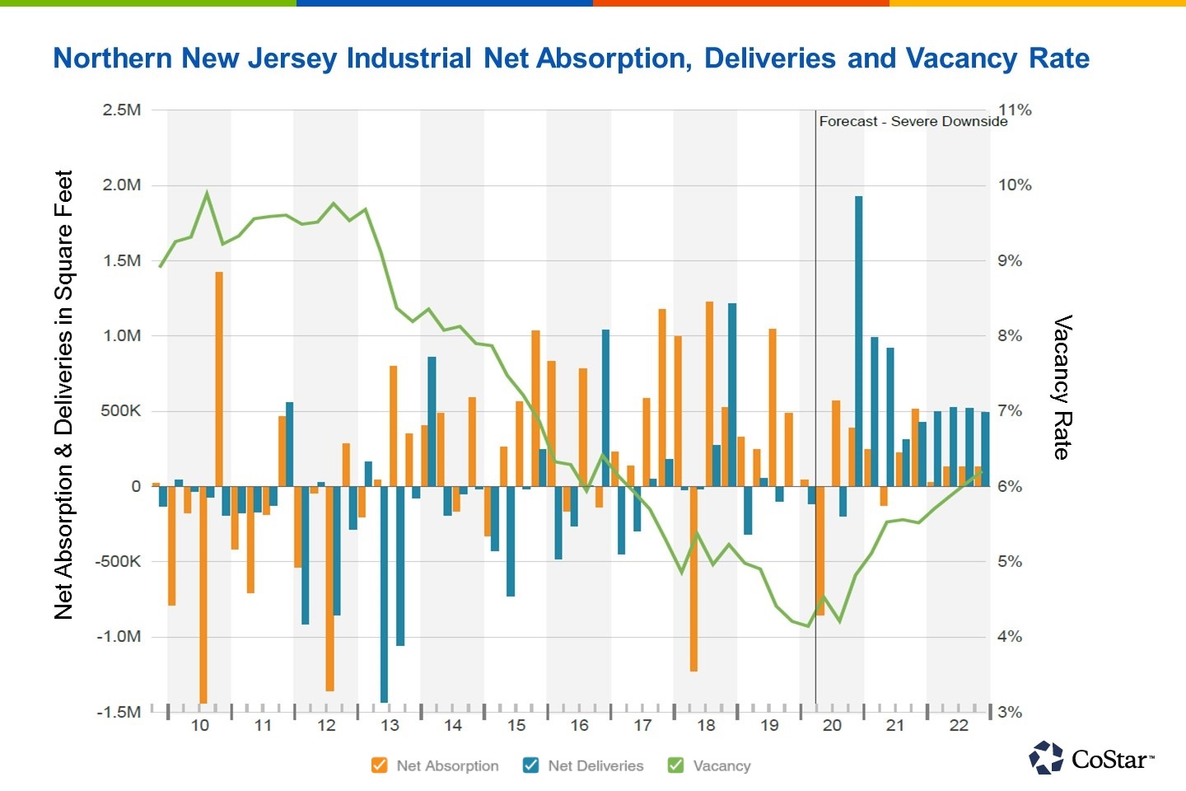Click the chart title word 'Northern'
pyautogui.click(x=113, y=59)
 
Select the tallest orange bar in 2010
pyautogui.click(x=219, y=378)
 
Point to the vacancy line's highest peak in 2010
pyautogui.click(x=207, y=193)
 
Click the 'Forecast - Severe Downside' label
pyautogui.click(x=913, y=122)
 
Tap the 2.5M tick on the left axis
pyautogui.click(x=121, y=110)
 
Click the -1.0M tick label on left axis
pyautogui.click(x=119, y=637)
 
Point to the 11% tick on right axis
pyautogui.click(x=1015, y=110)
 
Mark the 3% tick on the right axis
pyautogui.click(x=1010, y=712)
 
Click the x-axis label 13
pyautogui.click(x=390, y=726)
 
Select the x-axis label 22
pyautogui.click(x=959, y=726)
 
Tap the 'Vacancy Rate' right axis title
pyautogui.click(x=1062, y=387)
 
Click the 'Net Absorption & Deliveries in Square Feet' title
pyautogui.click(x=64, y=395)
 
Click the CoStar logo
pyautogui.click(x=1092, y=758)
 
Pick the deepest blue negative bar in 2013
pyautogui.click(x=384, y=593)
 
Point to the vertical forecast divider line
pyautogui.click(x=815, y=412)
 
